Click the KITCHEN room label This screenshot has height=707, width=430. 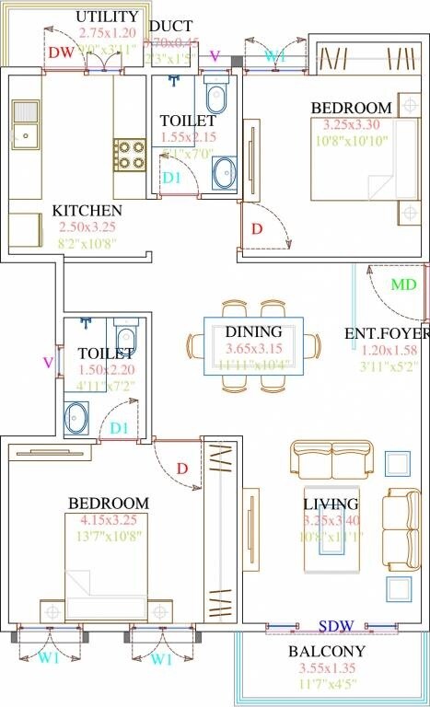(x=87, y=210)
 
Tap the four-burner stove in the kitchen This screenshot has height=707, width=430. (x=129, y=155)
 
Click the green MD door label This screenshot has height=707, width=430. (x=403, y=284)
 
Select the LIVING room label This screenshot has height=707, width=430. (x=331, y=504)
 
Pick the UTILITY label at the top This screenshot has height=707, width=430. (x=107, y=17)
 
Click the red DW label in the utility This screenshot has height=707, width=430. (x=61, y=54)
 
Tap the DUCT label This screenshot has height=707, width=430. (x=171, y=26)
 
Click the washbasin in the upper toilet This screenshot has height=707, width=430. (x=224, y=170)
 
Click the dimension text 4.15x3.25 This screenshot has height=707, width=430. (x=106, y=520)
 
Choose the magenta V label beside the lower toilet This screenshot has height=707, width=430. (x=48, y=363)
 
